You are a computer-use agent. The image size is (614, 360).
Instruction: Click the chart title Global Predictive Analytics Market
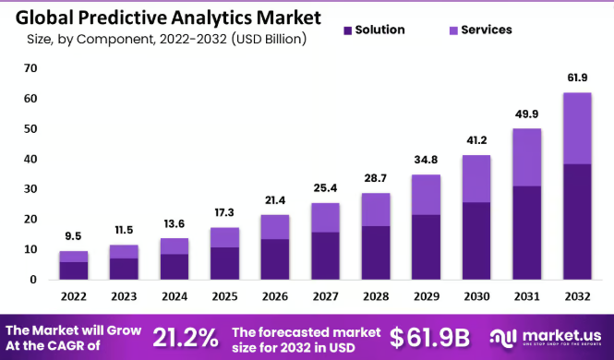[x=165, y=17]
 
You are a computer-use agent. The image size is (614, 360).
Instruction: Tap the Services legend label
[x=486, y=30]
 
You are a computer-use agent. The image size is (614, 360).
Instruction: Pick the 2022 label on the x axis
[x=74, y=296]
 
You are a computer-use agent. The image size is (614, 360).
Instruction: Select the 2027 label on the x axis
[x=324, y=296]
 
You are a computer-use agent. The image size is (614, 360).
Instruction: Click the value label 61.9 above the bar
[x=577, y=78]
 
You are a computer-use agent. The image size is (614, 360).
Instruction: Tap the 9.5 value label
[x=74, y=236]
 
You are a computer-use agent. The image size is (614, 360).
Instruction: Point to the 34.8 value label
[x=426, y=160]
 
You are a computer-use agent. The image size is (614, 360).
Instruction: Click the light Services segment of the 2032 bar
[x=577, y=128]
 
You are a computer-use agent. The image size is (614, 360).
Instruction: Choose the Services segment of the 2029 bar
[x=426, y=195]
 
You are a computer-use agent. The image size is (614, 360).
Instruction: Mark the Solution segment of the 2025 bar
[x=224, y=263]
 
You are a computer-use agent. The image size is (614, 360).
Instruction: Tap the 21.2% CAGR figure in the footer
[x=186, y=335]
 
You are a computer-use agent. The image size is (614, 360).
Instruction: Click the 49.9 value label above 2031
[x=526, y=114]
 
